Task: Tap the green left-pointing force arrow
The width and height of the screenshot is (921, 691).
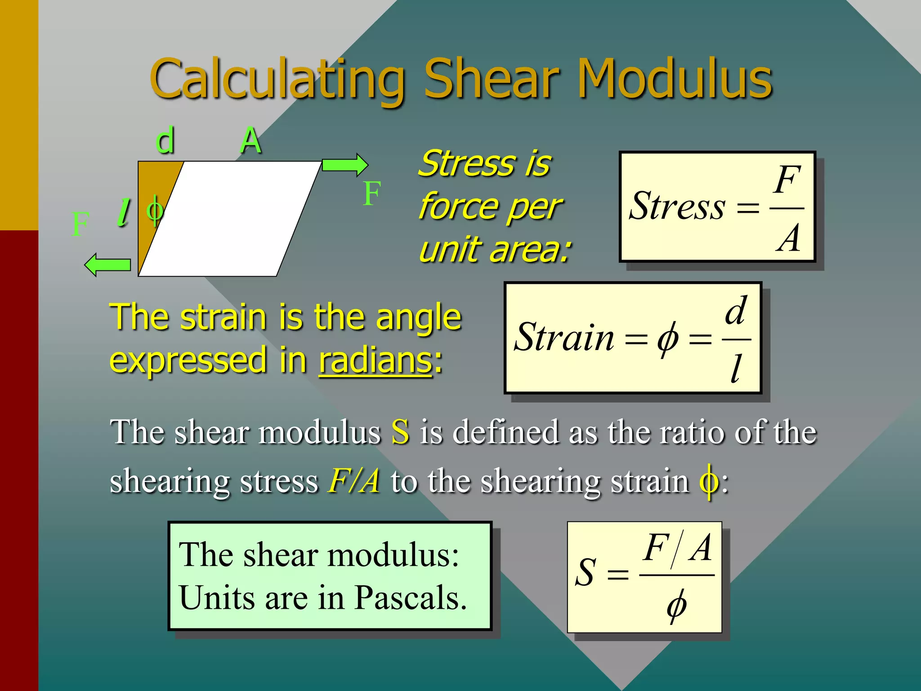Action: (x=108, y=265)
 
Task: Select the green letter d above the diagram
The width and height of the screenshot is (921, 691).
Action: (x=165, y=140)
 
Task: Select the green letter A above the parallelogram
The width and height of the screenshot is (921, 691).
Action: (x=250, y=140)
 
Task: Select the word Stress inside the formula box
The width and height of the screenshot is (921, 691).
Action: (x=677, y=206)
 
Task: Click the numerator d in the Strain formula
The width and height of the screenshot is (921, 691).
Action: (x=736, y=310)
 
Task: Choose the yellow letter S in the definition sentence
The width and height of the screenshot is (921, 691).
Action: (x=400, y=432)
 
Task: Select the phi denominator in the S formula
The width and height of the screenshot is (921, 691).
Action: (x=676, y=605)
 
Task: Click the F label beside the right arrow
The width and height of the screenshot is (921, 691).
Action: (x=372, y=193)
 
